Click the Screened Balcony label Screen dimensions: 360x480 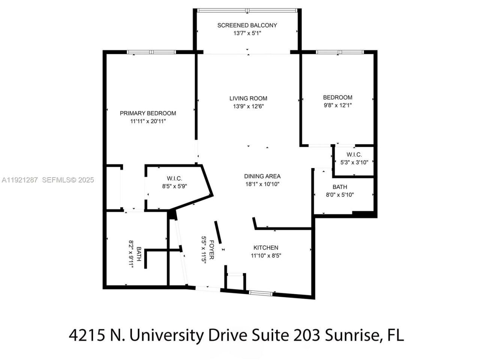pyautogui.click(x=247, y=25)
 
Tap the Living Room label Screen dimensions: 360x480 pyautogui.click(x=248, y=98)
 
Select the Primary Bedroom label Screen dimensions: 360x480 pyautogui.click(x=148, y=113)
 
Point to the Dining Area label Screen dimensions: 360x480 pyautogui.click(x=262, y=176)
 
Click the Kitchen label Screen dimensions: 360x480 pyautogui.click(x=266, y=247)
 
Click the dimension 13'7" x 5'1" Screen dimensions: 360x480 pyautogui.click(x=247, y=33)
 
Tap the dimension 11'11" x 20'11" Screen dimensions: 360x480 pyautogui.click(x=148, y=121)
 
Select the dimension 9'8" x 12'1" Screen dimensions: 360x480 pyautogui.click(x=337, y=105)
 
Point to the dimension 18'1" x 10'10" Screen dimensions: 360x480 pyautogui.click(x=262, y=184)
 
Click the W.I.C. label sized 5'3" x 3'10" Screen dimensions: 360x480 pyautogui.click(x=354, y=154)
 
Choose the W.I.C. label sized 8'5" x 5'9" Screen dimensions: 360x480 pyautogui.click(x=174, y=178)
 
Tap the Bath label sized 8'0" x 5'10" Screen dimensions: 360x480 pyautogui.click(x=340, y=187)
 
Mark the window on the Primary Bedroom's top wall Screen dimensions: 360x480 pyautogui.click(x=151, y=52)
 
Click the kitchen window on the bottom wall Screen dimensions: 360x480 pyautogui.click(x=261, y=293)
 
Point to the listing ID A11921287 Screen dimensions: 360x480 pyautogui.click(x=20, y=180)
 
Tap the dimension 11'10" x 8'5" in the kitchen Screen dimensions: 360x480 pyautogui.click(x=266, y=256)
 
